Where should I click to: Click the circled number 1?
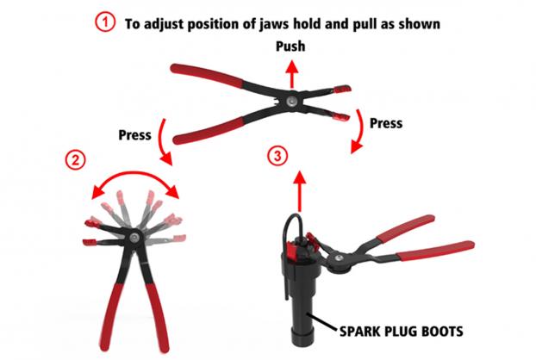click(x=105, y=22)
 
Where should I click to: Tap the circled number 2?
click(x=75, y=159)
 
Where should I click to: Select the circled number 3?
click(x=277, y=156)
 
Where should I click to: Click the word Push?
click(x=290, y=47)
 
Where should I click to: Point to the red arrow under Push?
click(x=291, y=74)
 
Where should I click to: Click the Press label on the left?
click(x=134, y=135)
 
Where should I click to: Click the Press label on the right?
click(x=386, y=123)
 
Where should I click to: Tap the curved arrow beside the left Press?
click(x=164, y=142)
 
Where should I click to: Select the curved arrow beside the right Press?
click(x=359, y=132)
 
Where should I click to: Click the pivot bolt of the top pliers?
click(x=291, y=101)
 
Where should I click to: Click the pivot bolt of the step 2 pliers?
click(x=134, y=236)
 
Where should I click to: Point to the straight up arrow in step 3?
click(x=300, y=191)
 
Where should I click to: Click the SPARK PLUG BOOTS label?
click(x=402, y=332)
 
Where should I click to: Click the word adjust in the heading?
click(x=163, y=24)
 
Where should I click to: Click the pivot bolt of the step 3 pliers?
click(x=339, y=258)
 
